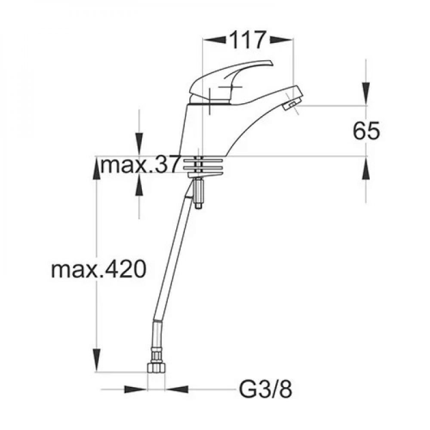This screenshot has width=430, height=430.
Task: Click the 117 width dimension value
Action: (248, 40)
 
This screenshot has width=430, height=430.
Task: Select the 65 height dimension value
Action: (366, 131)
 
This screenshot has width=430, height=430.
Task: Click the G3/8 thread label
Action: (265, 390)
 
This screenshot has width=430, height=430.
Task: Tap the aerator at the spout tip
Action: (292, 105)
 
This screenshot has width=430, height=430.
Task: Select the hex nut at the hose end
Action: (157, 367)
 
